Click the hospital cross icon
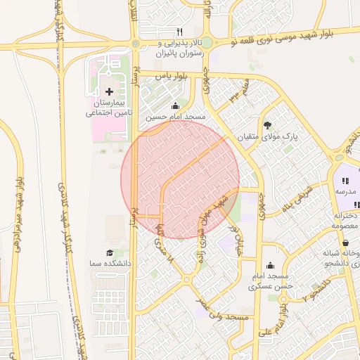(x=109, y=91)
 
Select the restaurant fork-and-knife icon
(x=179, y=32)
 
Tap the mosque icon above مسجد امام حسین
(x=185, y=106)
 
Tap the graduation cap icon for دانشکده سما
(x=109, y=252)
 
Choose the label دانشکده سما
(x=109, y=262)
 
